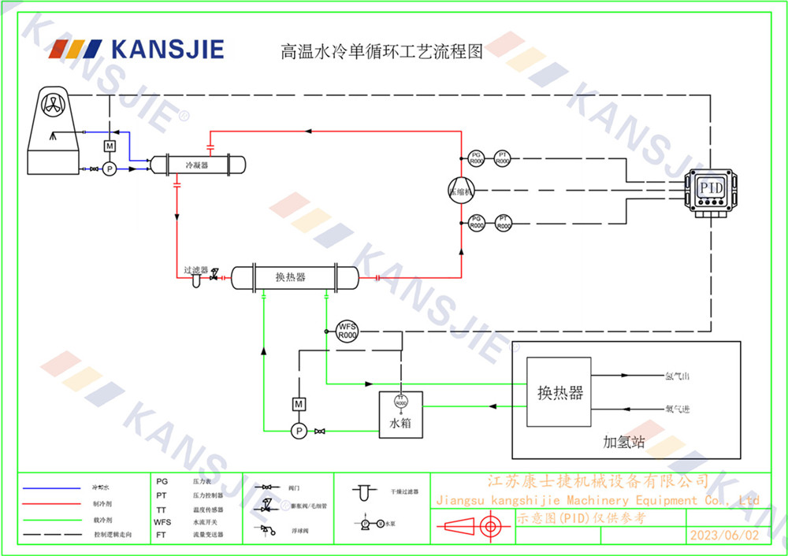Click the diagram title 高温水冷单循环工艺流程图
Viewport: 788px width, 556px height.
[381, 52]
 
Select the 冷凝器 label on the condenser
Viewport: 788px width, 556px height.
[196, 165]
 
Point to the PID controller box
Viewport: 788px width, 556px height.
[712, 190]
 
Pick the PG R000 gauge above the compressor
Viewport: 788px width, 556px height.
[476, 158]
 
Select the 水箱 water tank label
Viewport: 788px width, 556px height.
[400, 424]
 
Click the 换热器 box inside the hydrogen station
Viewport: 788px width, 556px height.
[559, 392]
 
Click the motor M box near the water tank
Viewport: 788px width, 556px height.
[299, 404]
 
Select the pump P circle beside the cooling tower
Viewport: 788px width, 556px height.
[110, 169]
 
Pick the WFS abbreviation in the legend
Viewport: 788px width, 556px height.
[162, 521]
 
